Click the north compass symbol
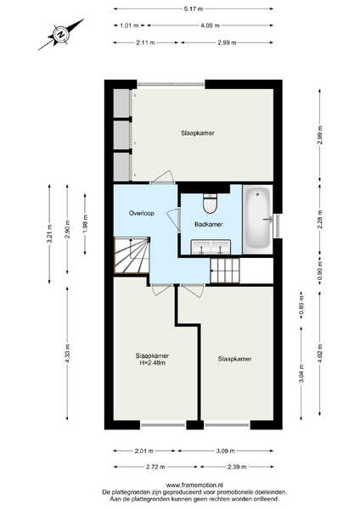[x=61, y=34]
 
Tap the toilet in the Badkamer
[x=210, y=204]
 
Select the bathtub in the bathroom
[x=257, y=220]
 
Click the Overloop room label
[x=141, y=213]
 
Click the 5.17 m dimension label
[x=194, y=9]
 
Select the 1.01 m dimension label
[x=129, y=25]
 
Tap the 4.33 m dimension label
[x=68, y=353]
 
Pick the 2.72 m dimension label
[x=155, y=467]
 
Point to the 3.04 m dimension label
[x=301, y=374]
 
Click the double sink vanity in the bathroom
[x=211, y=248]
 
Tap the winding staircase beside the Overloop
[x=132, y=255]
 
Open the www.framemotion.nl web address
[x=194, y=485]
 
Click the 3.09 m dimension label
[x=226, y=451]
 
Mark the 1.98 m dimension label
[x=85, y=224]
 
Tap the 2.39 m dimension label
[x=237, y=467]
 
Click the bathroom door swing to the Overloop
[x=174, y=220]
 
